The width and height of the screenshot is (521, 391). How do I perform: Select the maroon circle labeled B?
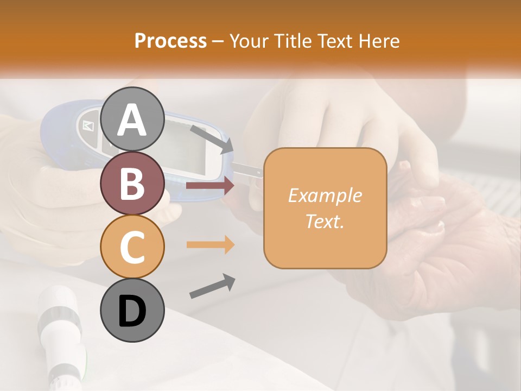[132, 184]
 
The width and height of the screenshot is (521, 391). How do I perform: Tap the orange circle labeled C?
[132, 247]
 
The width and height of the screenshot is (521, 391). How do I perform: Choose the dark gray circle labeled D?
[132, 311]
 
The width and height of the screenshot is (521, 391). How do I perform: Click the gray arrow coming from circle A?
[212, 138]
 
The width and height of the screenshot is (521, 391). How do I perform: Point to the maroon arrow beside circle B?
[210, 186]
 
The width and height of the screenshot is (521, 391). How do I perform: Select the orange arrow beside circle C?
[210, 244]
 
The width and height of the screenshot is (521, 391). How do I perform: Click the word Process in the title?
[170, 41]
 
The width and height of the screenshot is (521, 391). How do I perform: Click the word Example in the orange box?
[325, 195]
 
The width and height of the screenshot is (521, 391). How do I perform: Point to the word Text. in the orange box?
[325, 222]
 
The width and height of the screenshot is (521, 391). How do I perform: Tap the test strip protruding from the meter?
[247, 171]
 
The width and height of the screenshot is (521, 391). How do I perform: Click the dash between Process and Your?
[218, 41]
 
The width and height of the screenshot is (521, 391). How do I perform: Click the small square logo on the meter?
[88, 126]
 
